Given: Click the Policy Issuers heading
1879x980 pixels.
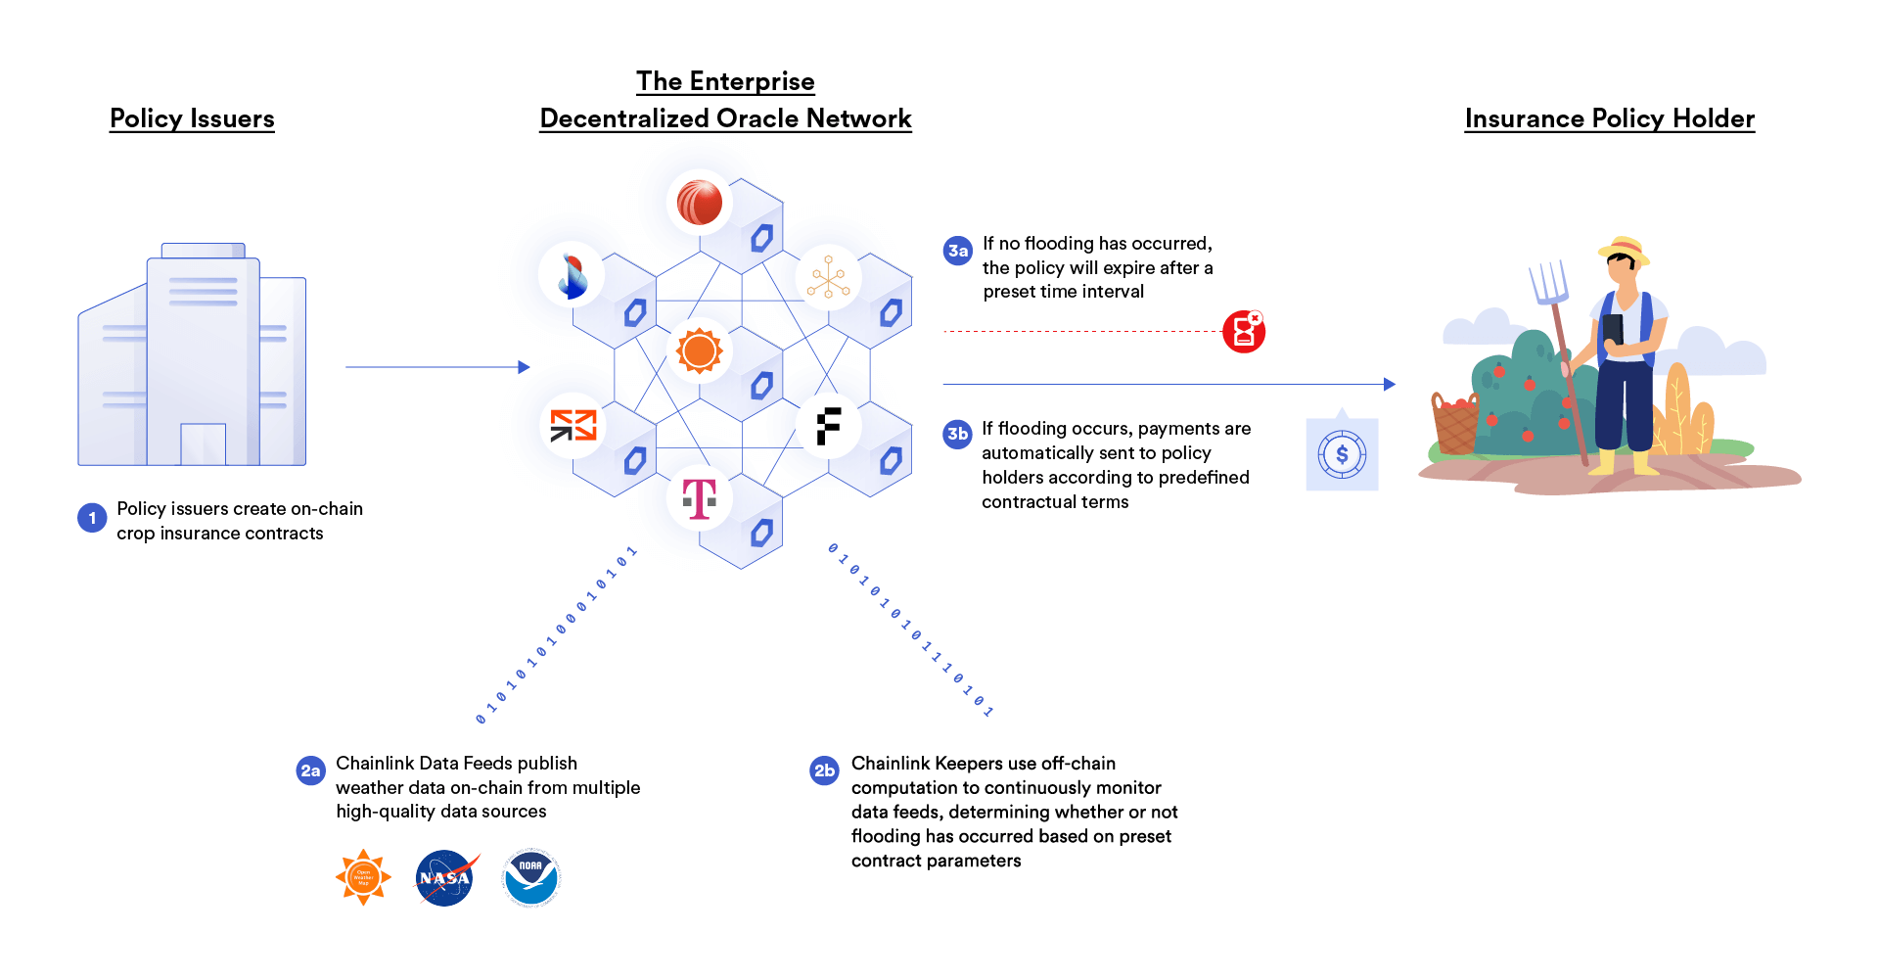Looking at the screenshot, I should click(192, 118).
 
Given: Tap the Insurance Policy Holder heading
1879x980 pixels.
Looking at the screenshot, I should click(1609, 118).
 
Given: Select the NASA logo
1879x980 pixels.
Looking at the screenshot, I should click(445, 878).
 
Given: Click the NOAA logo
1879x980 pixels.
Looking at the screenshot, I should click(530, 877).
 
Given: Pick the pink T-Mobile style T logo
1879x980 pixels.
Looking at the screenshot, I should click(700, 498).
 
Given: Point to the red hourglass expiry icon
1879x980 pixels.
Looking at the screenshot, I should click(1244, 331).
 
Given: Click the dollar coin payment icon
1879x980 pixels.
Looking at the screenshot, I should click(1342, 454).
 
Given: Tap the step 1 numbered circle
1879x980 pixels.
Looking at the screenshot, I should click(92, 518).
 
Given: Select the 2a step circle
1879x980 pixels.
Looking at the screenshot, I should click(310, 770).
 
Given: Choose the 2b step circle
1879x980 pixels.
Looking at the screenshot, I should click(825, 770).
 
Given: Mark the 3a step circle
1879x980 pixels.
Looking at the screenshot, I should click(958, 251).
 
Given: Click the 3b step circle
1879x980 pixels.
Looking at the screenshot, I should click(957, 434).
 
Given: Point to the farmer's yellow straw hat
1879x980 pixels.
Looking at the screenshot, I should click(1625, 249).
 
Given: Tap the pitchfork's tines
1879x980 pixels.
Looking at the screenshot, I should click(1548, 281).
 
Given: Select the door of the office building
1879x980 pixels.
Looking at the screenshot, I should click(203, 443).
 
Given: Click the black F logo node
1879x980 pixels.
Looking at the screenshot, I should click(828, 427).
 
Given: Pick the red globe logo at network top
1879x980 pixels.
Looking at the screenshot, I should click(699, 203).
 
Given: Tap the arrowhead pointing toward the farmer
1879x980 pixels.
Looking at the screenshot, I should click(1390, 385).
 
